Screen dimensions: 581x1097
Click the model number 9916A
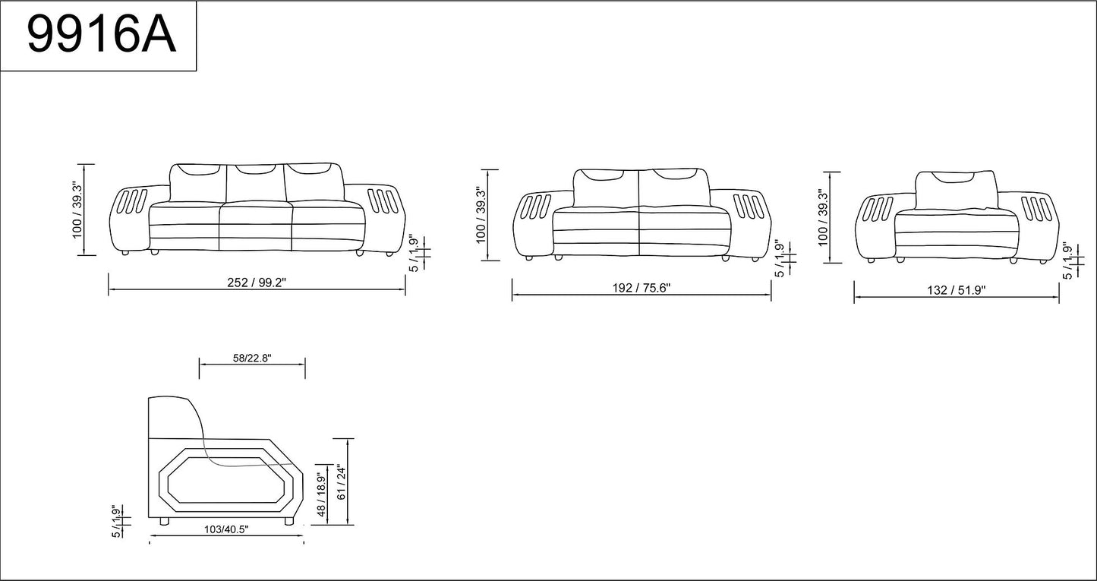click(x=100, y=36)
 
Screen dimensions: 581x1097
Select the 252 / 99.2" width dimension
click(x=257, y=283)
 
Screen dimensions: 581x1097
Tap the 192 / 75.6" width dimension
click(x=641, y=288)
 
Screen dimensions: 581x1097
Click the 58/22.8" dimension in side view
click(x=251, y=358)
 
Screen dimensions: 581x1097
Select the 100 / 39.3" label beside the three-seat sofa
click(x=77, y=210)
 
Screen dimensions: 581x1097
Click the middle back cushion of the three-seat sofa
click(x=256, y=182)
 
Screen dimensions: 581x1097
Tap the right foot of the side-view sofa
click(x=288, y=522)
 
